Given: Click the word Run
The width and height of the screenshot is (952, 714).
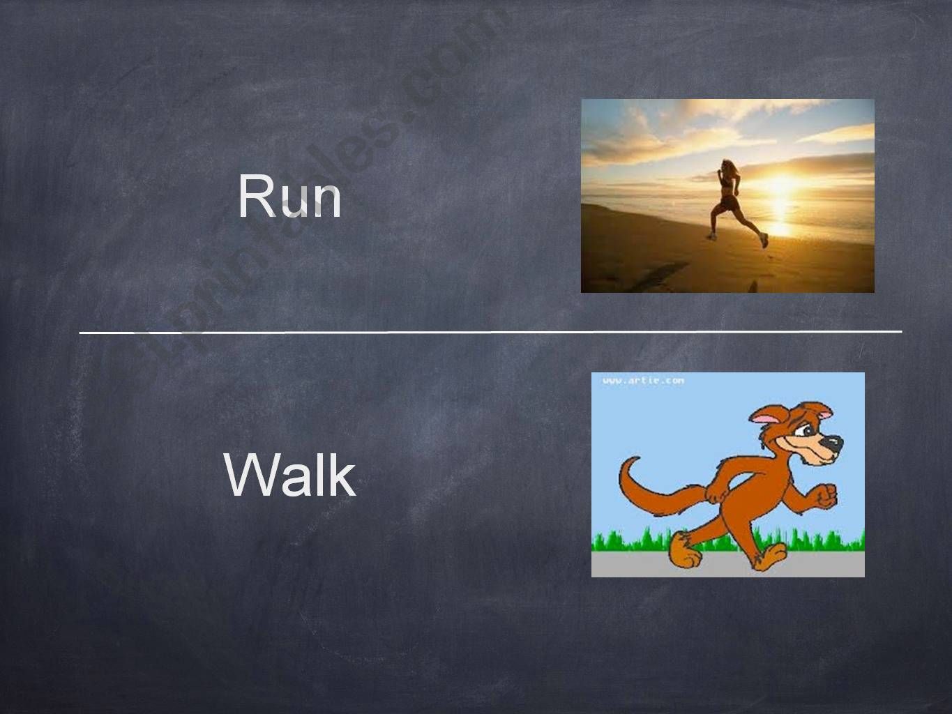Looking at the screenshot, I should click(289, 197).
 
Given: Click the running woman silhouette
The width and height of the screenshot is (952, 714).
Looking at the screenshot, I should click(732, 202).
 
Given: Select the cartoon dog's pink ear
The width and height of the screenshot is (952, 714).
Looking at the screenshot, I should click(766, 418).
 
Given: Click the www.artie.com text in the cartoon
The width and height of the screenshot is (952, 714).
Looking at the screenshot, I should click(642, 381).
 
